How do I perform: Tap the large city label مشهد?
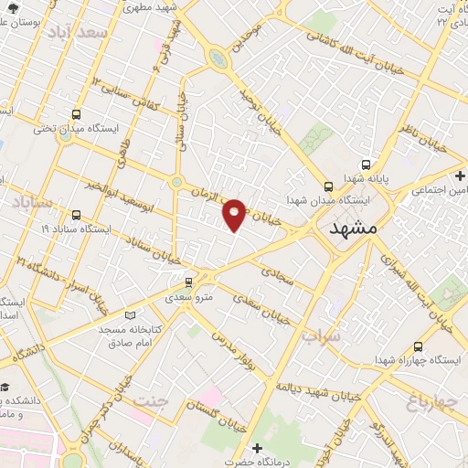tap(351, 229)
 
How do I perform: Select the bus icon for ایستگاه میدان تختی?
tap(75, 116)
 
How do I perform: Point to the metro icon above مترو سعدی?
tap(188, 282)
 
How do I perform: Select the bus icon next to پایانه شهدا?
tap(366, 165)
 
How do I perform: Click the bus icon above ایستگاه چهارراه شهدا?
tap(418, 346)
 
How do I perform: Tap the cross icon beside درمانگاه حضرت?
tap(257, 448)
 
